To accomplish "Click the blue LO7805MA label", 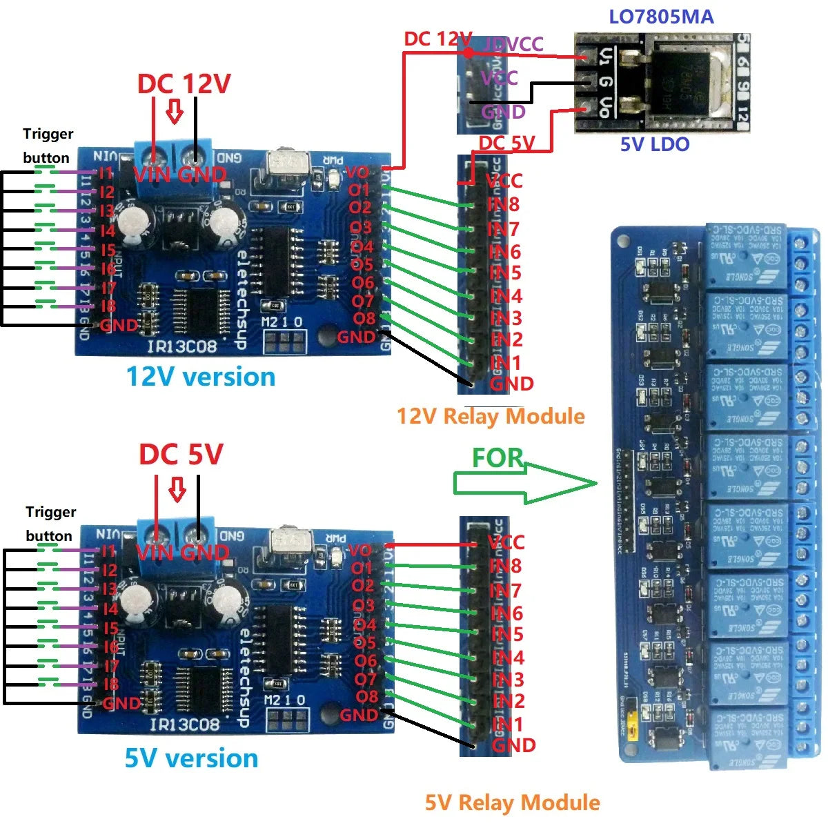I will tap(660, 17).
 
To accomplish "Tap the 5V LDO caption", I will tap(654, 144).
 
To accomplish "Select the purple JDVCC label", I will tap(514, 45).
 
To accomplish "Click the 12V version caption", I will tap(200, 377).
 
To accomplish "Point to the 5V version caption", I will tap(191, 758).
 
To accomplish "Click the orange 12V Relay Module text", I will tap(491, 416).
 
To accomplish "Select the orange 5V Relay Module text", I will tap(512, 802).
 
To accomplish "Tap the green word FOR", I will tap(497, 457).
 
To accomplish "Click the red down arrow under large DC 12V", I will tap(175, 111).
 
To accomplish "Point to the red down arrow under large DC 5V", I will tap(177, 489).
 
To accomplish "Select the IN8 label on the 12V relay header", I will tap(504, 205).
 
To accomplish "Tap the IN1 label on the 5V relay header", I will tap(508, 724).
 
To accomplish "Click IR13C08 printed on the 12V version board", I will tap(182, 346).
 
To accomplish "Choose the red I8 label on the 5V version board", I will tap(110, 684).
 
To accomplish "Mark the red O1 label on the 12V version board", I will tap(359, 190).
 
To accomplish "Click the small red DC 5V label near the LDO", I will tap(506, 144).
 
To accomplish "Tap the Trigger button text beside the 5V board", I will tap(49, 524).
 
